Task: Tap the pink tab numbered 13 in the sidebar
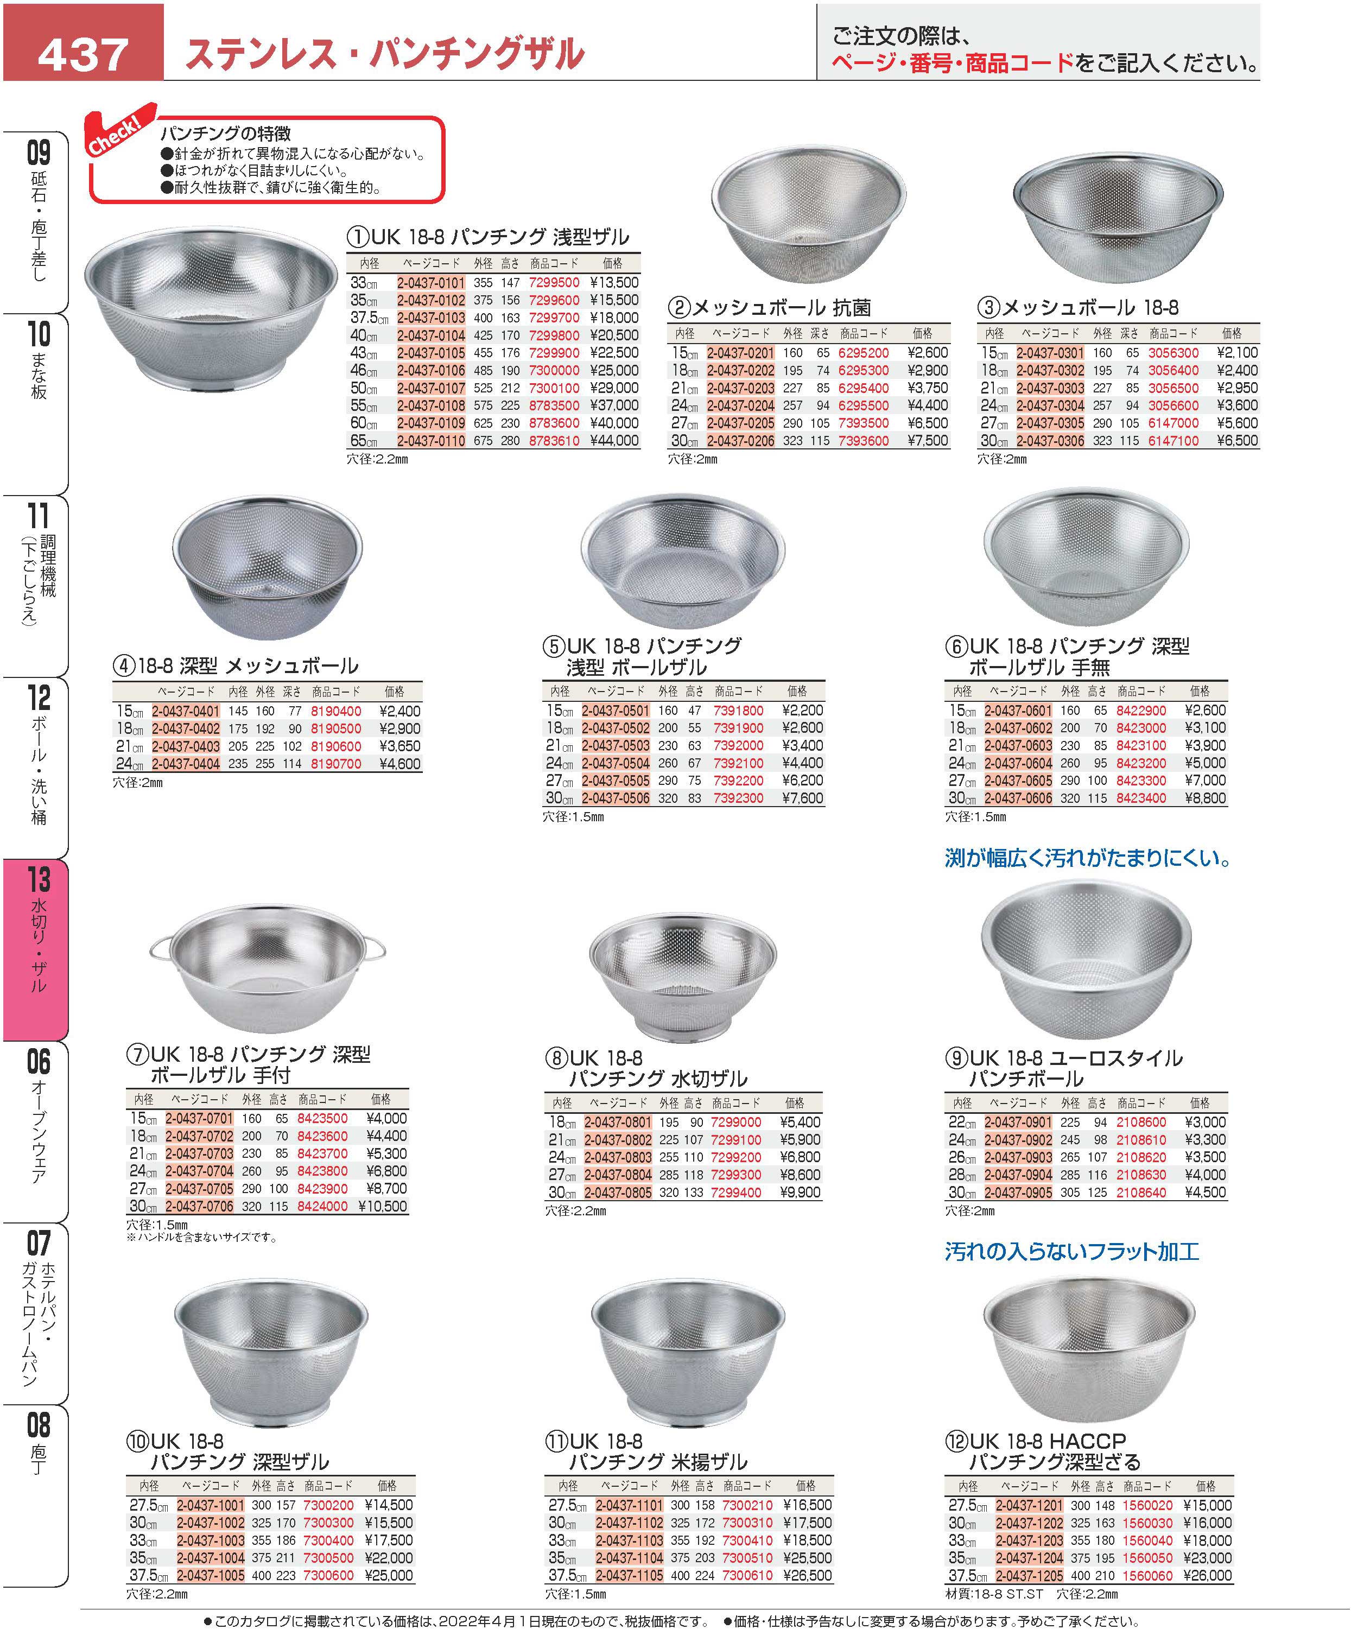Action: click(x=37, y=949)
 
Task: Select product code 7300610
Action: click(x=747, y=1576)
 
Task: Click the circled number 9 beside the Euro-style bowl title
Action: click(x=956, y=1058)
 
